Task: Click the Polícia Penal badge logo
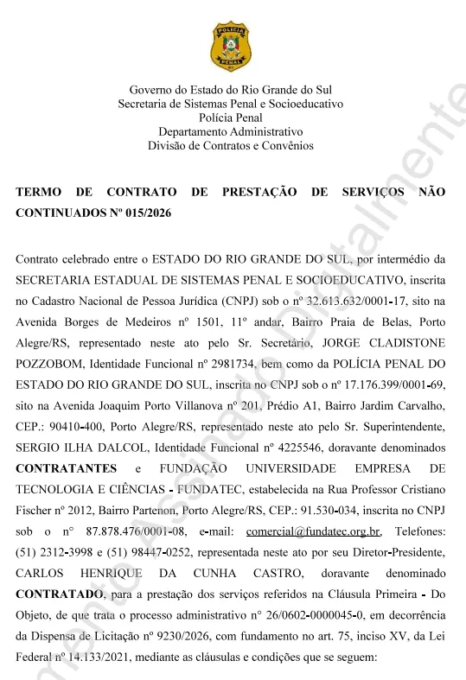click(x=231, y=48)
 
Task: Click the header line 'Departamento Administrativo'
click(x=231, y=132)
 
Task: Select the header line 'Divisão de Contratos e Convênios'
click(x=231, y=146)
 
